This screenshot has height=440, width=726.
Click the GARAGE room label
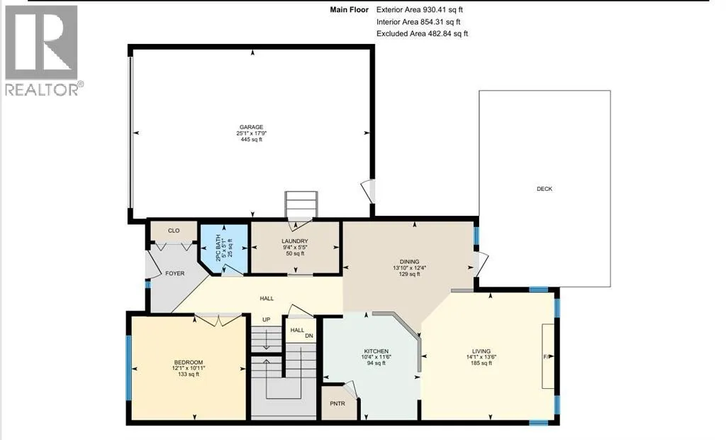coord(252,127)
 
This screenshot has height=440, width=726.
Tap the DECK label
coord(544,189)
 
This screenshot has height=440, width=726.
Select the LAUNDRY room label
coord(295,241)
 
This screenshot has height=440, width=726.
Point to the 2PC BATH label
coord(218,248)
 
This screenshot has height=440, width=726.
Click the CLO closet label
coord(174,231)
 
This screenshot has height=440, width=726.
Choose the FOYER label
coord(175,273)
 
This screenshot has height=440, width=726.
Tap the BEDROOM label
coord(189,363)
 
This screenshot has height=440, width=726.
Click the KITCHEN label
coord(376,351)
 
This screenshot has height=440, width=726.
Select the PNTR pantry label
coord(337,403)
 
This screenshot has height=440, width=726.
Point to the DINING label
coord(409,261)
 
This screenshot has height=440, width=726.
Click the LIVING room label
coord(481,351)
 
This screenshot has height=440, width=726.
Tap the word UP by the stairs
coord(267,319)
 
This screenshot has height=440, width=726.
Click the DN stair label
coord(309,336)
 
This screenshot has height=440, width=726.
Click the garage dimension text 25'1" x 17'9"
coord(252,133)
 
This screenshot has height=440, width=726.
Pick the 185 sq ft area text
coord(481,363)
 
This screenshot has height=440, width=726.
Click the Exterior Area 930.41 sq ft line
coord(420,10)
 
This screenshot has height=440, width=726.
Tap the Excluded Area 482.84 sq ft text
coord(423,34)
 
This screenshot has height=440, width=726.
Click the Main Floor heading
coord(349,10)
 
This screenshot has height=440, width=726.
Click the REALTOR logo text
coord(45,89)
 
